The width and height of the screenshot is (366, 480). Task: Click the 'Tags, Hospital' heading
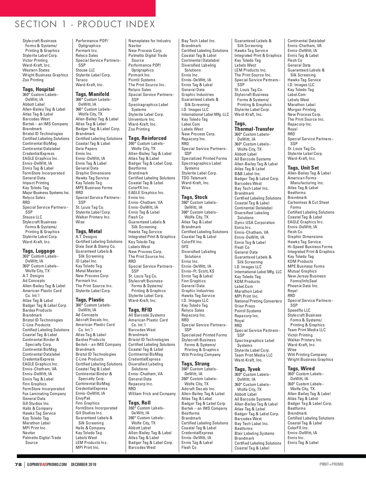coord(38,89)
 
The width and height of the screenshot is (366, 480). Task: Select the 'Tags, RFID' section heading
coord(140,310)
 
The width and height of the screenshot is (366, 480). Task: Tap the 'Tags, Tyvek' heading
coord(247,369)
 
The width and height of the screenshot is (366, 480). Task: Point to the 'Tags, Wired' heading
coord(301,368)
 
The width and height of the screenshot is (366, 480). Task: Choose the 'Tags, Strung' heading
coord(195,364)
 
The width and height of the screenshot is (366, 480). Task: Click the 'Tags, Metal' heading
coord(88,231)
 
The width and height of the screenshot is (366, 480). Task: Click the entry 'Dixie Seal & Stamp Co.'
coord(95,246)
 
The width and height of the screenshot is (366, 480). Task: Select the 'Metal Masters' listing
coord(88,271)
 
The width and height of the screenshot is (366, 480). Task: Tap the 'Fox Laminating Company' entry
coord(44,394)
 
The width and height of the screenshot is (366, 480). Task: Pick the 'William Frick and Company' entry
coord(152,394)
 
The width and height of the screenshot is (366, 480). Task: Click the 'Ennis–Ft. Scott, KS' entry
coord(198,271)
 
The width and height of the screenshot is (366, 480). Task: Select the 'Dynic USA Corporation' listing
coord(254,222)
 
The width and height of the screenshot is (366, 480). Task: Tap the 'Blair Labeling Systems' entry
coord(254,433)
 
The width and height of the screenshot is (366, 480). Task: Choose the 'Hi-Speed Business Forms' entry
coord(310,247)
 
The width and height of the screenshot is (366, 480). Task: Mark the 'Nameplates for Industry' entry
coord(149,41)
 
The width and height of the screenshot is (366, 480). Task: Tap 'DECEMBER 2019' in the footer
coord(84,464)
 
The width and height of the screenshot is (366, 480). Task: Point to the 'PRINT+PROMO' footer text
coord(331,464)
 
